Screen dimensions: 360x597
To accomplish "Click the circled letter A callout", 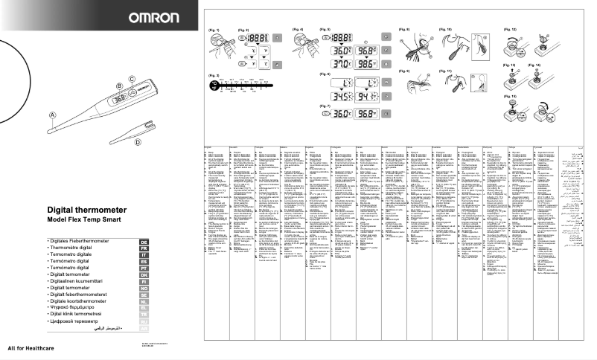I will coord(52,115).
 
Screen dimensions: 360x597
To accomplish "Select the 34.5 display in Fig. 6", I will coord(342,96).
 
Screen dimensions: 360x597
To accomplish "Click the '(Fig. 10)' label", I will coord(444,28).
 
